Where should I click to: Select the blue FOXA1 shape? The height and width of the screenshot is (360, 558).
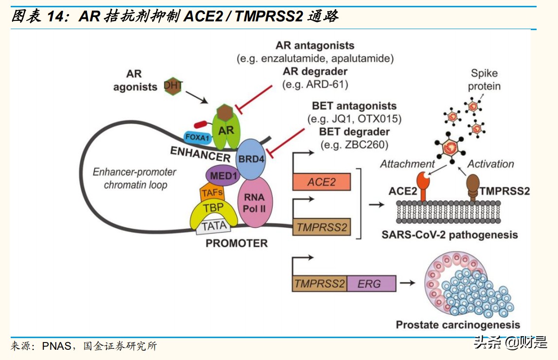coord(196,137)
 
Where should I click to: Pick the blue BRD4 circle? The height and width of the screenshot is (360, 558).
coord(251,158)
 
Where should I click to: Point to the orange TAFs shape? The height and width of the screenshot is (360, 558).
coord(212,193)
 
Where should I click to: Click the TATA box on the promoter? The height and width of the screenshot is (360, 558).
coord(213,226)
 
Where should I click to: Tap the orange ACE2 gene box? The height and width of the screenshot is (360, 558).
coord(321,182)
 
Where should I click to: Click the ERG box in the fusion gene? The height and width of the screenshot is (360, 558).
coord(371,283)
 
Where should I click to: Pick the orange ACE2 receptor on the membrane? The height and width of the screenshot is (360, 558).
coord(424,187)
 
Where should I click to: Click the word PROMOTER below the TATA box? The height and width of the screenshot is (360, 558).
coord(236,243)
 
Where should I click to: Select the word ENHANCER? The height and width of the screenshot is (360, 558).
coord(200,154)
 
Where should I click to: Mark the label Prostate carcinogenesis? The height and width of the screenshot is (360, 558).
coord(457,325)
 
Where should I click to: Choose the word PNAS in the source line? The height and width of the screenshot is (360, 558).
coord(57,346)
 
